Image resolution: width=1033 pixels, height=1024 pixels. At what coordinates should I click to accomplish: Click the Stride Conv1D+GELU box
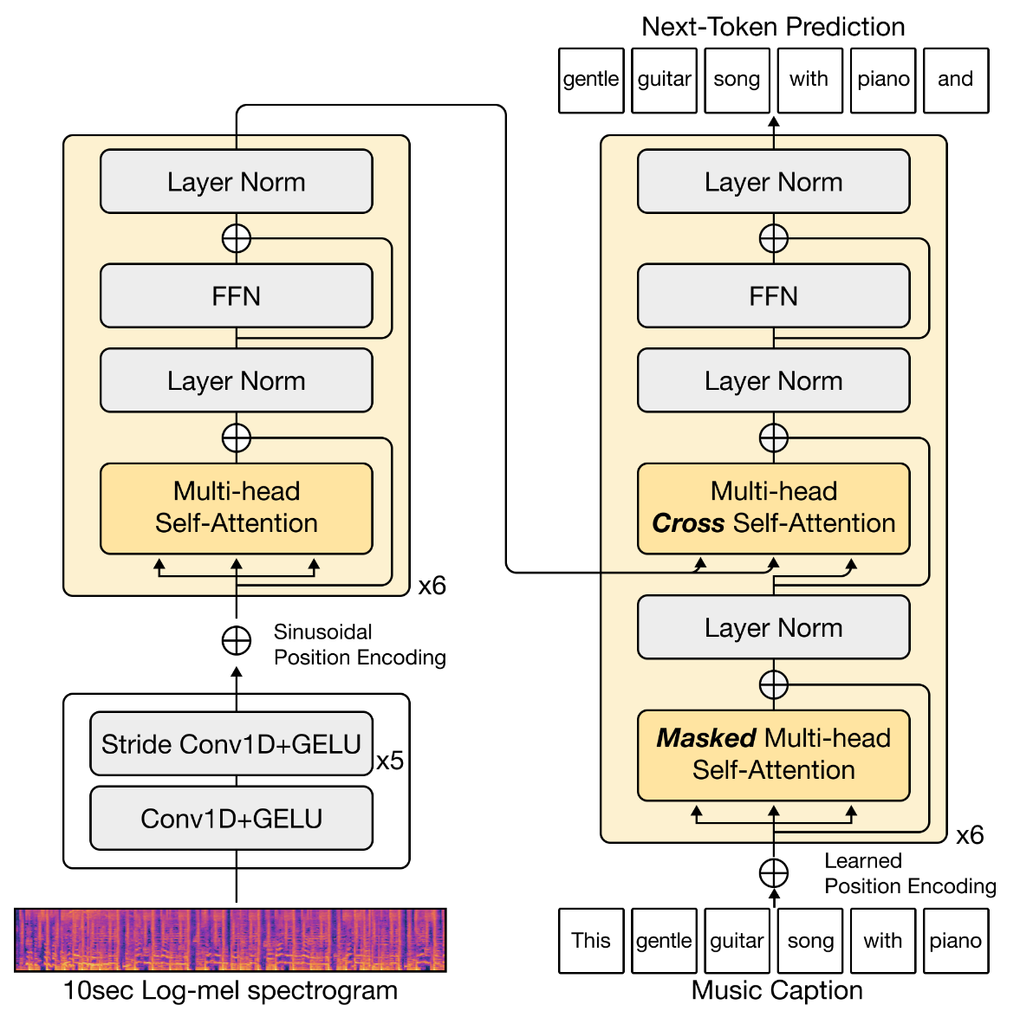click(231, 743)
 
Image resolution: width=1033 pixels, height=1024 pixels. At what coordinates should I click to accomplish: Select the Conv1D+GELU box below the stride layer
click(231, 818)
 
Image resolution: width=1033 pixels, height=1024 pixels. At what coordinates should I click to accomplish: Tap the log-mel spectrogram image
click(231, 940)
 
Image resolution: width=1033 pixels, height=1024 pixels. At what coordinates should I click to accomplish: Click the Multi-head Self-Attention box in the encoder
click(236, 508)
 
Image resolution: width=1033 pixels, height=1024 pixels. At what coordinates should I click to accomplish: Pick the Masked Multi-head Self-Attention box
click(773, 755)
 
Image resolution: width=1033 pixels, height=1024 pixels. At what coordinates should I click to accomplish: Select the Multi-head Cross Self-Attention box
click(773, 508)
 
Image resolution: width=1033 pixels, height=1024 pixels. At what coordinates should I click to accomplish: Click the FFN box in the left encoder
click(236, 296)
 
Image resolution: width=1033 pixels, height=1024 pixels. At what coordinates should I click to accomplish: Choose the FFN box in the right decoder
click(773, 296)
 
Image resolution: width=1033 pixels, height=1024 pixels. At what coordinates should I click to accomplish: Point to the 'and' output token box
click(956, 80)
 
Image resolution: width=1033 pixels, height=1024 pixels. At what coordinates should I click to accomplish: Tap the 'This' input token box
click(591, 941)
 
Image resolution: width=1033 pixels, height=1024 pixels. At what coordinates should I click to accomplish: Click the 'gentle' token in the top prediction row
click(591, 80)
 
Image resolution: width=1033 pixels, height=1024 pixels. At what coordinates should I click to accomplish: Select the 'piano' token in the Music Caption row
click(956, 941)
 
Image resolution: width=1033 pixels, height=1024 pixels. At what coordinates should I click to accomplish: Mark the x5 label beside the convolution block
click(390, 761)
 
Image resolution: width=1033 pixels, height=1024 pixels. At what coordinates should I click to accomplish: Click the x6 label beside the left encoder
click(432, 586)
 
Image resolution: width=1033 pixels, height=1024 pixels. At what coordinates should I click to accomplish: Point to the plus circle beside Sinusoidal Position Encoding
click(237, 641)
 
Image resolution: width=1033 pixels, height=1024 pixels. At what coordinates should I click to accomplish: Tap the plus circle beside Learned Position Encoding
click(773, 873)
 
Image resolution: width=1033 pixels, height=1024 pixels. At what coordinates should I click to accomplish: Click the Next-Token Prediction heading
click(773, 27)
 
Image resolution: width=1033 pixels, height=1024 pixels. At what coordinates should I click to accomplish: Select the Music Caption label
click(776, 990)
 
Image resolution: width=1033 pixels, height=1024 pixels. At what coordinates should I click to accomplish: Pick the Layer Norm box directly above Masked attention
click(773, 627)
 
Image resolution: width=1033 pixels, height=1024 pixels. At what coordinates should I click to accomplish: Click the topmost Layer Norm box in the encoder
click(236, 182)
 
